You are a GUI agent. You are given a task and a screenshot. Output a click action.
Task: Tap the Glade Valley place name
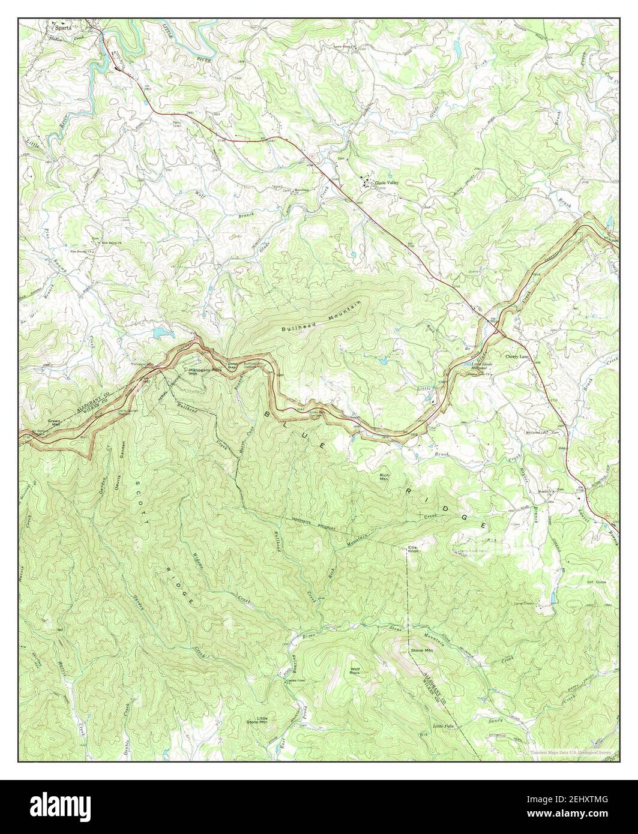387,182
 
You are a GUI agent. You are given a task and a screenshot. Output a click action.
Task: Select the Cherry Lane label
517,356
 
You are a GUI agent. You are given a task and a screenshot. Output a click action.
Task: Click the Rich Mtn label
384,478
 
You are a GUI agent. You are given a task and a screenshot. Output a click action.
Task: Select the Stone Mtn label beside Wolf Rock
421,650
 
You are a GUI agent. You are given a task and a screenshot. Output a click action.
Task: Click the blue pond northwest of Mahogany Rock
161,331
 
